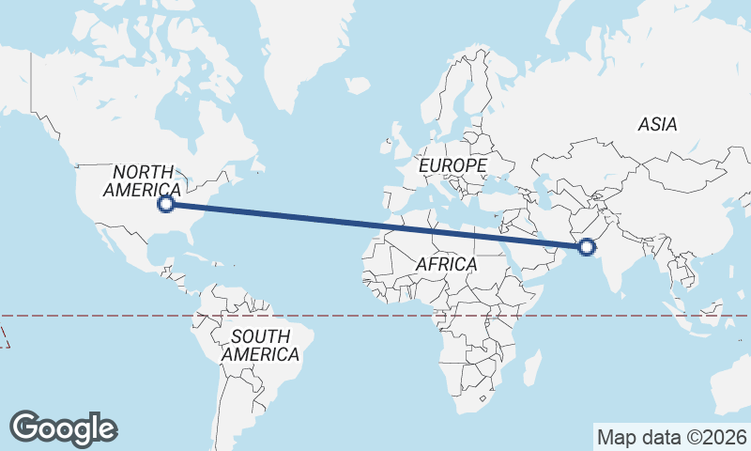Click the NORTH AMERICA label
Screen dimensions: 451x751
point(143,180)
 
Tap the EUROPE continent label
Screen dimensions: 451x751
point(452,165)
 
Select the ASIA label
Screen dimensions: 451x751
point(657,124)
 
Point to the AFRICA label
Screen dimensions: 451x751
point(446,264)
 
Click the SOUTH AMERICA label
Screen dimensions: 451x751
point(260,346)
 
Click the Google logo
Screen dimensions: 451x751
point(63,428)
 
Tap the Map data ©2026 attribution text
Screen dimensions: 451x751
point(672,437)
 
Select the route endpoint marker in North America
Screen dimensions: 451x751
point(166,203)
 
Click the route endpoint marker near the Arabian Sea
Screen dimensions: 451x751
point(587,247)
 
